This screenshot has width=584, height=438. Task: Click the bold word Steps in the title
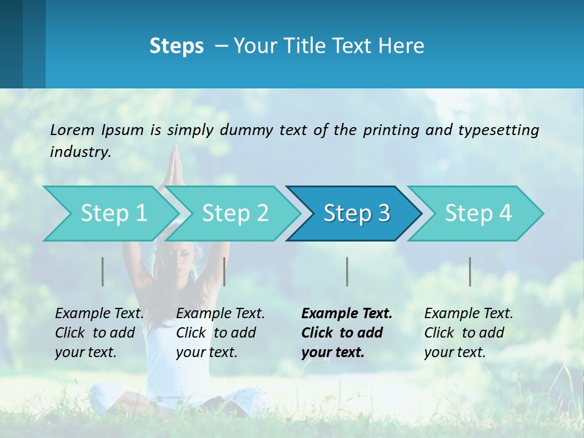176,46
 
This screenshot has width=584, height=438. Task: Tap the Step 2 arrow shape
235,214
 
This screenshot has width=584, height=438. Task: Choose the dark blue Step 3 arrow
356,214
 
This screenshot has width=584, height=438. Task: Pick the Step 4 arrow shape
478,214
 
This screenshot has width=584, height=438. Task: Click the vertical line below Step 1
103,271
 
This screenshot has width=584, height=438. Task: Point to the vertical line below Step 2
224,271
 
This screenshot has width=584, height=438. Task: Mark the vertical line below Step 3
347,271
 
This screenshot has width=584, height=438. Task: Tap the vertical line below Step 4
470,271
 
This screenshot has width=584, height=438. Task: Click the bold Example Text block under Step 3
347,333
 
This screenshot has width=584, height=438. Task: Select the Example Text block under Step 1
99,333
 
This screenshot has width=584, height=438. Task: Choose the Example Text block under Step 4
468,333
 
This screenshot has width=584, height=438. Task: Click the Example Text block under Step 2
220,333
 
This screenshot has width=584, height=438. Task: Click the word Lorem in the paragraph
72,130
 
